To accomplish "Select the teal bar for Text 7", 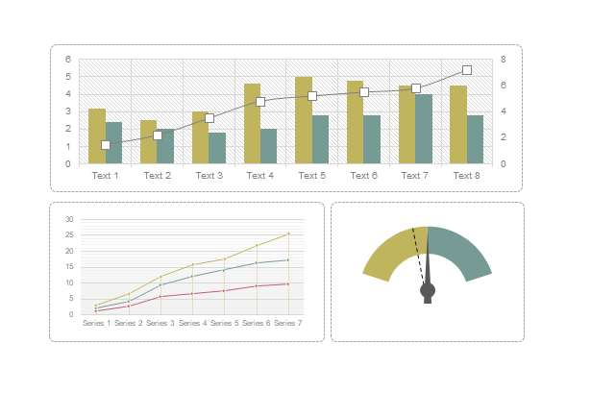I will point(423,129).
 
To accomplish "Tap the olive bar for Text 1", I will point(97,136).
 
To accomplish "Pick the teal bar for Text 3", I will point(217,148).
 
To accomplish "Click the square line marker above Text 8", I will point(467,70).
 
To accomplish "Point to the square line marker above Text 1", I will point(106,145).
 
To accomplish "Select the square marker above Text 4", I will point(260,101).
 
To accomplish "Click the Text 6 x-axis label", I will point(363,176).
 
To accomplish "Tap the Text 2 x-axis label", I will point(157,176).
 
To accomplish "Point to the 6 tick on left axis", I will point(67,60).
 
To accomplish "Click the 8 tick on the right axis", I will point(503,60).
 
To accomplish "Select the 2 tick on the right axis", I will point(503,137).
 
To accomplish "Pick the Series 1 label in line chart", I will point(97,324).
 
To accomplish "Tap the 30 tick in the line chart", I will point(69,220).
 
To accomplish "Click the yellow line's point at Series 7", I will point(287,233).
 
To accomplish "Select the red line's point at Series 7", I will point(287,283).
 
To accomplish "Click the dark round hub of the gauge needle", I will point(428,290).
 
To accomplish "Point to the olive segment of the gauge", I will point(387,253).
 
